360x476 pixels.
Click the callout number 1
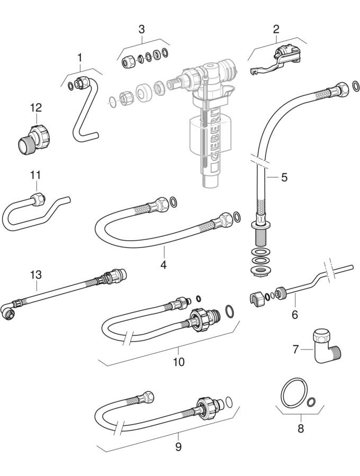pyautogui.click(x=80, y=57)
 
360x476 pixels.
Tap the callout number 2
pyautogui.click(x=276, y=29)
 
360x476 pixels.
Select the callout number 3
pyautogui.click(x=141, y=29)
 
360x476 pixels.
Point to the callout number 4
pyautogui.click(x=164, y=264)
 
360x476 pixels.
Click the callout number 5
pyautogui.click(x=284, y=177)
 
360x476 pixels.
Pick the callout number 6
pyautogui.click(x=295, y=314)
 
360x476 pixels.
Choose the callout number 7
pyautogui.click(x=295, y=349)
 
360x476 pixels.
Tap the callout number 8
pyautogui.click(x=301, y=428)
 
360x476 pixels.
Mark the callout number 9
pyautogui.click(x=178, y=447)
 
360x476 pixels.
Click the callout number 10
pyautogui.click(x=178, y=362)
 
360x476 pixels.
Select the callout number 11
pyautogui.click(x=35, y=175)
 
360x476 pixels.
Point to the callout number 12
pyautogui.click(x=35, y=108)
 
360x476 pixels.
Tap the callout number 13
pyautogui.click(x=35, y=275)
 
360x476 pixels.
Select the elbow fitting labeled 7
pyautogui.click(x=326, y=346)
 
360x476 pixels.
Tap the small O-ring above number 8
pyautogui.click(x=312, y=402)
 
